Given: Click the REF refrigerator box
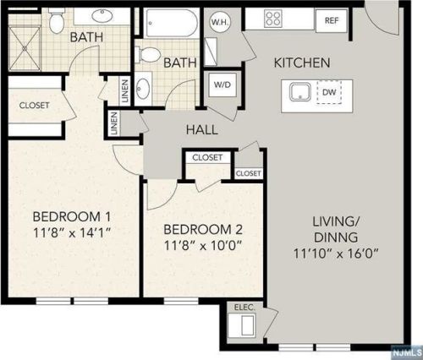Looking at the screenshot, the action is point(332,21).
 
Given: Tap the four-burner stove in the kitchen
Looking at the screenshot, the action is point(273,19).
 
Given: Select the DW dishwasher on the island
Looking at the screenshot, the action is point(329,92).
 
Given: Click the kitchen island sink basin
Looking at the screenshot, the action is point(300,92).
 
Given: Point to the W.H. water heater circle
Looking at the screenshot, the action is point(220,22).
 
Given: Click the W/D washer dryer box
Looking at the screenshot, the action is point(222,85).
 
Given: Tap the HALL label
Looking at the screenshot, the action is point(202,130).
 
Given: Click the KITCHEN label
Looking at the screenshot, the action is point(302,63).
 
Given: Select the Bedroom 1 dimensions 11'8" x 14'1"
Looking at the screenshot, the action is point(72,232).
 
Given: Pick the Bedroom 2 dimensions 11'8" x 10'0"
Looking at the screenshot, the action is point(203,246).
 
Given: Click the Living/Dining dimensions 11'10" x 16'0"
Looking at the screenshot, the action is point(336,254).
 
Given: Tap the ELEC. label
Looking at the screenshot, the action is point(244,307).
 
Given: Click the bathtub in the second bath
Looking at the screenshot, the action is point(171,23).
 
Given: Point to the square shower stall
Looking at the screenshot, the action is point(25,48).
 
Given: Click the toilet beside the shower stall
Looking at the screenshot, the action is point(58,20).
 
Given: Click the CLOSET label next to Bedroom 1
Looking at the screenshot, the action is point(34,106).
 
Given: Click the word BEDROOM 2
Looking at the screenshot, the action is point(203,230).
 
